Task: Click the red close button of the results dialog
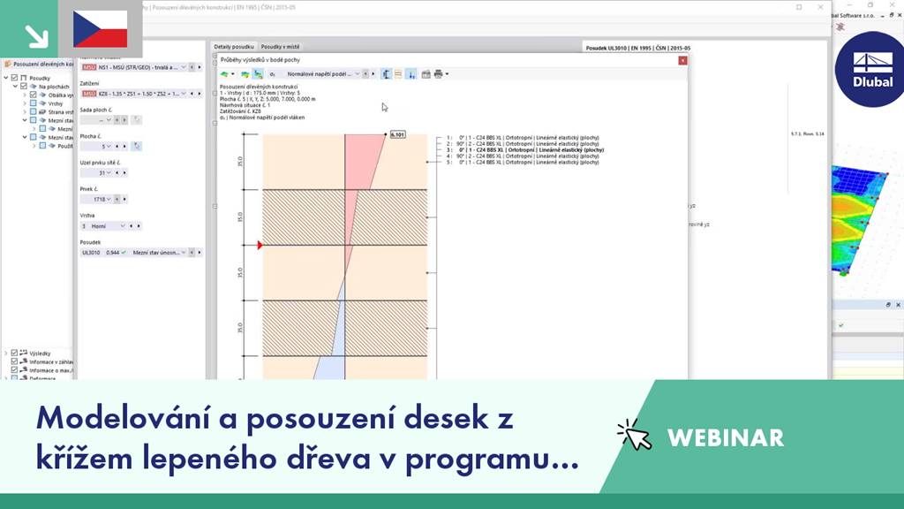pyautogui.click(x=682, y=61)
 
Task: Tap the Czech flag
pyautogui.click(x=100, y=29)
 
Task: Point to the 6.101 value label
pyautogui.click(x=397, y=135)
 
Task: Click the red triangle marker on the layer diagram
pyautogui.click(x=260, y=245)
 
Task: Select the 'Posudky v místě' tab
pyautogui.click(x=280, y=46)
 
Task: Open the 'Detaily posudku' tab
pyautogui.click(x=233, y=46)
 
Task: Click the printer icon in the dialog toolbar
pyautogui.click(x=438, y=74)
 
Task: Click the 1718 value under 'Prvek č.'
pyautogui.click(x=100, y=200)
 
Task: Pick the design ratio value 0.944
pyautogui.click(x=112, y=253)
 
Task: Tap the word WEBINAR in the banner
pyautogui.click(x=725, y=437)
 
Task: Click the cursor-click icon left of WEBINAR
pyautogui.click(x=634, y=435)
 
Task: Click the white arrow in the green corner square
pyautogui.click(x=35, y=35)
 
